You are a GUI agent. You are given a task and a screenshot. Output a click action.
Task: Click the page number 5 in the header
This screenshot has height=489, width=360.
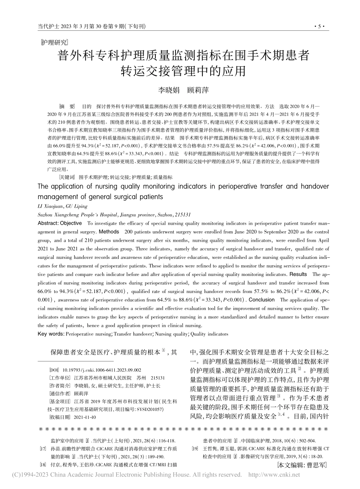[x=319, y=27]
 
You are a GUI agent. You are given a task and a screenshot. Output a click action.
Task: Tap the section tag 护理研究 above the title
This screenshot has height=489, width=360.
[x=54, y=42]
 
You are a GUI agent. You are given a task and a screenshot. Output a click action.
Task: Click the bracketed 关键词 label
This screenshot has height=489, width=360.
[x=67, y=177]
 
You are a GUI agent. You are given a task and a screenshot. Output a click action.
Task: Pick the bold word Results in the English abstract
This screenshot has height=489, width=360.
[x=298, y=274]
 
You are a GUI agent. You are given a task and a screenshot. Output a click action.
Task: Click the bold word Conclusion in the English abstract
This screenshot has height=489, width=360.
[x=261, y=299]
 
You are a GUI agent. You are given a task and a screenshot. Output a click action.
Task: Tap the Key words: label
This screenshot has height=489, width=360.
[x=51, y=334]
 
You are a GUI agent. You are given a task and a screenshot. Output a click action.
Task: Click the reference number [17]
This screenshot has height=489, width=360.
[x=43, y=448]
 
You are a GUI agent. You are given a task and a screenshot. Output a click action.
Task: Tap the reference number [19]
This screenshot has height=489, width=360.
[x=196, y=448]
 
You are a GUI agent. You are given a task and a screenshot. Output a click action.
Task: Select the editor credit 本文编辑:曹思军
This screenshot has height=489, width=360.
[x=302, y=465]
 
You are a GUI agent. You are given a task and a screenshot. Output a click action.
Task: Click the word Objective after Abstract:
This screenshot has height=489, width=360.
[x=71, y=223]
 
